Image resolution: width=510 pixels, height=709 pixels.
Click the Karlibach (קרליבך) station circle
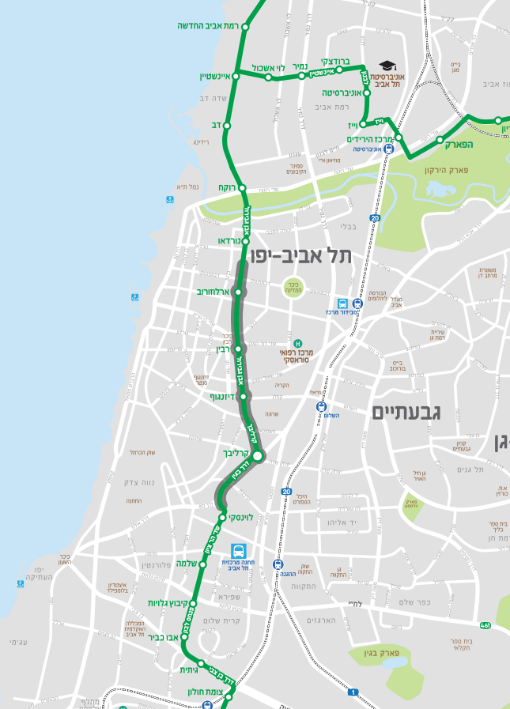coord(257,454)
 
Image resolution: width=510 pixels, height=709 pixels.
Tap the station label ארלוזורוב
coord(213,292)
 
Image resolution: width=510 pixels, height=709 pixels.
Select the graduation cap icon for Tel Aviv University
coord(387,66)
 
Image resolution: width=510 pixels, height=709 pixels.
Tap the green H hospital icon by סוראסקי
coord(298,343)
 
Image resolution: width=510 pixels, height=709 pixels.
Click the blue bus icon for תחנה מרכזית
coord(237,550)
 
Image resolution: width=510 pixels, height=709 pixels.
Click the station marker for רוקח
coord(243,188)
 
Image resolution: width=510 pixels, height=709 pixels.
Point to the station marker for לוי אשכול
coord(268,77)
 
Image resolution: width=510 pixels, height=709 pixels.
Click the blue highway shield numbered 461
coord(485,625)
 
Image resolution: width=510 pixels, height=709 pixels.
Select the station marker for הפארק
coord(440,140)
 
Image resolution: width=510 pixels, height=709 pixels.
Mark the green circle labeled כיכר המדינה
coord(293,288)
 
